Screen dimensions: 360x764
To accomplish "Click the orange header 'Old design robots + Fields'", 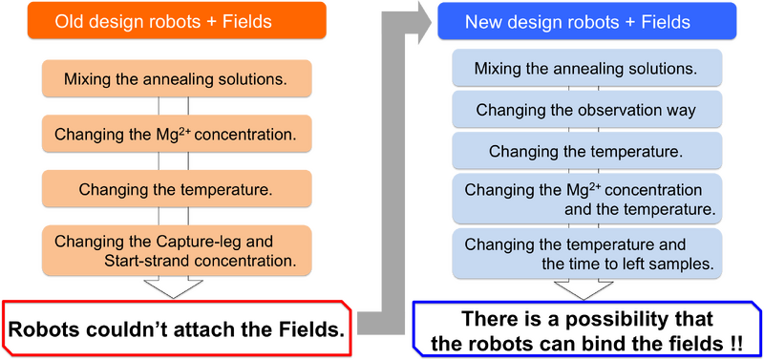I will pyautogui.click(x=176, y=21).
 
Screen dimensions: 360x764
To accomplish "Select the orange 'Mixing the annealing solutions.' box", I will pyautogui.click(x=175, y=78).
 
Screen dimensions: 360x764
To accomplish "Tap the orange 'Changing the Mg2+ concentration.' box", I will pyautogui.click(x=175, y=135).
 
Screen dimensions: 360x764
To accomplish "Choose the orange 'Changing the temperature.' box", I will pyautogui.click(x=175, y=190).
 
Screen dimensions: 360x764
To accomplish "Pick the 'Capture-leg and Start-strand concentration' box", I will pyautogui.click(x=175, y=249).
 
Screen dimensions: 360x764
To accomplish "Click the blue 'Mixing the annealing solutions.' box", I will pyautogui.click(x=585, y=69).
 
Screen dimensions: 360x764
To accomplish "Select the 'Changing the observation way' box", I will pyautogui.click(x=585, y=110).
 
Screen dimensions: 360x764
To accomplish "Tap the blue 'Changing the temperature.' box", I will pyautogui.click(x=585, y=151).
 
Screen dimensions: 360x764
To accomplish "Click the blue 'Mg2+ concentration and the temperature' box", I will pyautogui.click(x=585, y=199).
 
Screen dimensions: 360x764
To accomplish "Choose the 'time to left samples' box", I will pyautogui.click(x=585, y=253).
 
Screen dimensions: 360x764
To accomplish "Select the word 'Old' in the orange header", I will pyautogui.click(x=70, y=21).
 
